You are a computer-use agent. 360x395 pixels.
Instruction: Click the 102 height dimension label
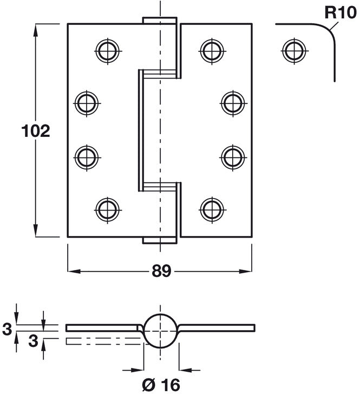tap(36, 131)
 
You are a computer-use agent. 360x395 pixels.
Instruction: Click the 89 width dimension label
tap(161, 271)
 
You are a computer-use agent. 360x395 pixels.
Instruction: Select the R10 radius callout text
tap(337, 12)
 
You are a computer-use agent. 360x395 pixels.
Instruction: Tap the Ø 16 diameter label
tap(161, 385)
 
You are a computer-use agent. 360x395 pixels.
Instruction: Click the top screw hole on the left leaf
tap(107, 51)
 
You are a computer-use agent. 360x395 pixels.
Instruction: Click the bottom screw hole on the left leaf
tap(107, 209)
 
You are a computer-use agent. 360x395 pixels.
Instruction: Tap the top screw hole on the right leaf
tap(212, 51)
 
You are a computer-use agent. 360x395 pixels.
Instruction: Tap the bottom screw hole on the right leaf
tap(212, 209)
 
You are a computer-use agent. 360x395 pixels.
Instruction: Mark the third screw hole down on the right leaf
tap(233, 157)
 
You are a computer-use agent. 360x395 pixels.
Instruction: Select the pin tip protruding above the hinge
tap(160, 20)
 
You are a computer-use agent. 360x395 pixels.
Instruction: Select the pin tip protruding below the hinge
tap(160, 241)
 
